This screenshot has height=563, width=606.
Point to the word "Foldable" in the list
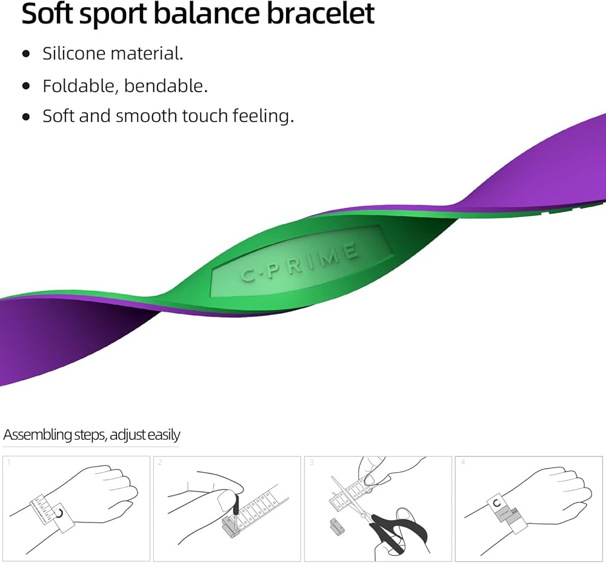(x=81, y=85)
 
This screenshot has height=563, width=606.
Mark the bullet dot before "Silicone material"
(x=25, y=54)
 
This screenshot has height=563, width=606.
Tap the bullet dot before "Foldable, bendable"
(x=25, y=86)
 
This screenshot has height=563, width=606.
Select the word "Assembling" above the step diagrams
(x=36, y=435)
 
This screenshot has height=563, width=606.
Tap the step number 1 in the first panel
(x=8, y=462)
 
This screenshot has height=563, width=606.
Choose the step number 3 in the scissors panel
(x=311, y=462)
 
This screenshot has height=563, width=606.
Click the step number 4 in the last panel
(x=463, y=462)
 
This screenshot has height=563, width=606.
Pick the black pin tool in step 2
(x=234, y=503)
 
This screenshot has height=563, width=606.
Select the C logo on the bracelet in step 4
(x=498, y=502)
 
